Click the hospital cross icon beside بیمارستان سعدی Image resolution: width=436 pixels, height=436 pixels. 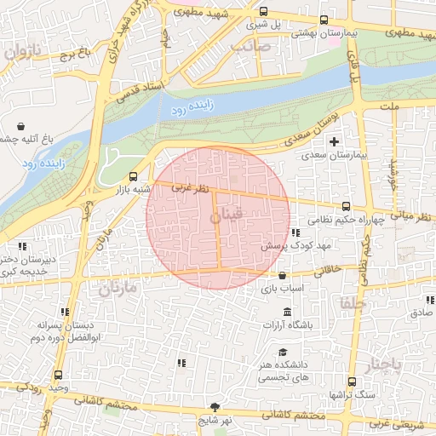[334, 141]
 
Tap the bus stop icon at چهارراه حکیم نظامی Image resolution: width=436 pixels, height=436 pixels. [345, 206]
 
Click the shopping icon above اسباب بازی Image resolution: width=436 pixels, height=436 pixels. [283, 275]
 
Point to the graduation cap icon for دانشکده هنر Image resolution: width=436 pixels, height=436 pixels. [282, 353]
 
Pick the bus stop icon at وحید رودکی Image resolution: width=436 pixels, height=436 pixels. [58, 375]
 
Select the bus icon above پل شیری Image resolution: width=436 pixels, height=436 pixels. [263, 12]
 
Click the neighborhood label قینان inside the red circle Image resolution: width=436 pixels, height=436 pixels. [226, 218]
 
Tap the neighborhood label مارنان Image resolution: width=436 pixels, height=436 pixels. [117, 289]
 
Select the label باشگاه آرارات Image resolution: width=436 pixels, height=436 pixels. [288, 325]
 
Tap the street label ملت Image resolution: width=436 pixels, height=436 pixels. [391, 108]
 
